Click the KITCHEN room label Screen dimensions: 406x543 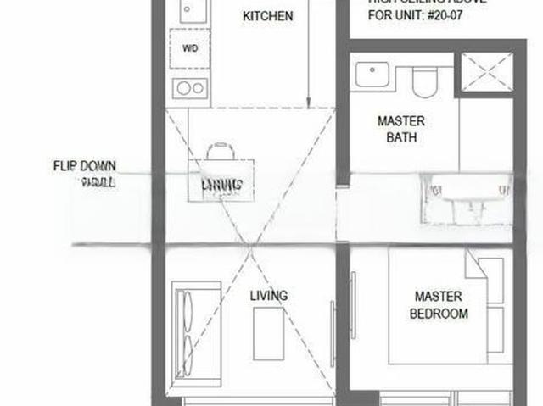(x=267, y=16)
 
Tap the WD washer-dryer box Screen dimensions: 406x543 (x=189, y=47)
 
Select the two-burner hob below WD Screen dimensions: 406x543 (x=189, y=87)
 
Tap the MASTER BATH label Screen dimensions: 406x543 (x=400, y=129)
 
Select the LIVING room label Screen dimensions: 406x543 (x=268, y=296)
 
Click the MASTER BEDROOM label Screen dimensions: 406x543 (x=438, y=305)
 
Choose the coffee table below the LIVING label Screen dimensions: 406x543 (x=267, y=333)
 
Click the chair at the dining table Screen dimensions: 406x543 (x=221, y=152)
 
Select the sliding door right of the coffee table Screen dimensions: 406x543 (x=330, y=331)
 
